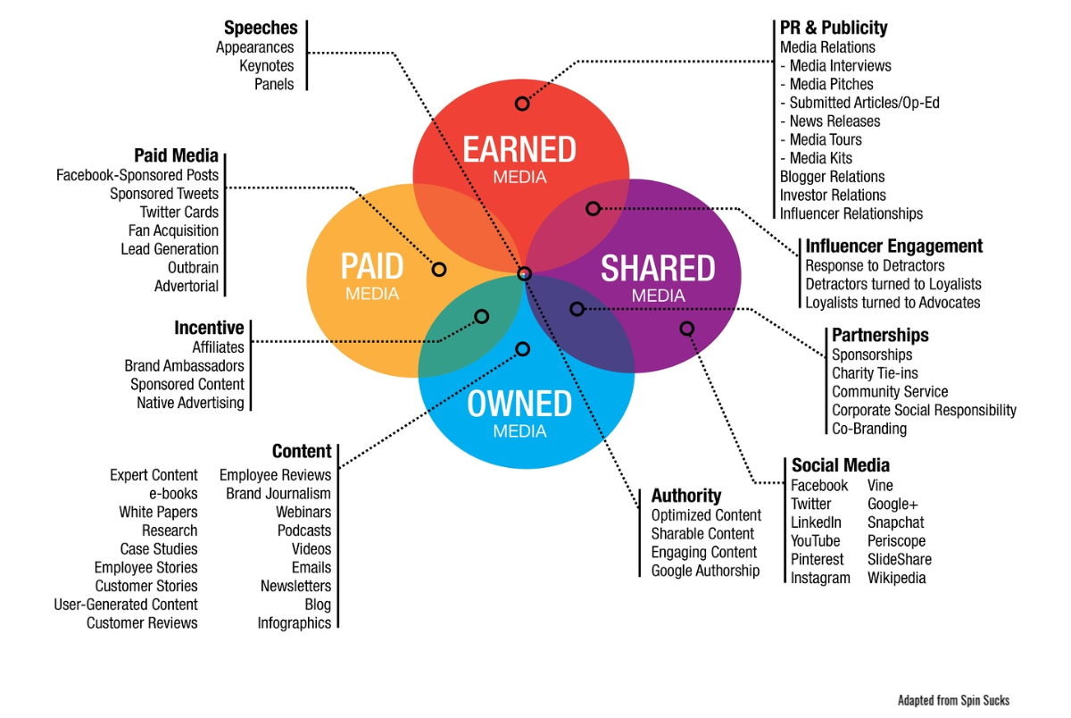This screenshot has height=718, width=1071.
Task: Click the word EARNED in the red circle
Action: coord(519,149)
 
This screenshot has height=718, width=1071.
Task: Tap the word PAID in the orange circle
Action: coord(372,266)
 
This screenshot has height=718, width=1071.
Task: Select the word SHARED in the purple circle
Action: coord(658,268)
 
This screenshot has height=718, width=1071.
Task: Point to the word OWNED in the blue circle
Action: coord(519,404)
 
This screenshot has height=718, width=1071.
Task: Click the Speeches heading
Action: coord(261,28)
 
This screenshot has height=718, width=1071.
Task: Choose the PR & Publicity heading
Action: coord(834,28)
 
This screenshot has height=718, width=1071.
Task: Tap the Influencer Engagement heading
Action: coord(894,246)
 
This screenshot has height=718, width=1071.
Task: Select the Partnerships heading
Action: coord(880,335)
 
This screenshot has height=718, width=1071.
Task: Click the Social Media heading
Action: coord(841,465)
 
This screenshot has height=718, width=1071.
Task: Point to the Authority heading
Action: coord(686,496)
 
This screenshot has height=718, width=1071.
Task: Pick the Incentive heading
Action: coord(209,328)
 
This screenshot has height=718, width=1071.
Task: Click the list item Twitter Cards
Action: coord(179,212)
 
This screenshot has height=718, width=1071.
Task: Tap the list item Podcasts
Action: coord(304,530)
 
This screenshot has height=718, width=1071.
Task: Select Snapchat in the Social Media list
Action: coord(895,522)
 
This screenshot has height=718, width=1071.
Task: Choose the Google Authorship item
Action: coord(705,571)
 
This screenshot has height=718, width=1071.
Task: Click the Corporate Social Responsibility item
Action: coord(924,410)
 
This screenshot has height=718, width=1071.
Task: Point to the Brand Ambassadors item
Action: coord(184,366)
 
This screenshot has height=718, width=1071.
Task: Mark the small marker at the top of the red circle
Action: coord(522,104)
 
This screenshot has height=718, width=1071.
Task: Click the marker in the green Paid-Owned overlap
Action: coord(481,316)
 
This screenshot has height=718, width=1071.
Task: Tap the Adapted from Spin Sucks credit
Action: coord(953,700)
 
